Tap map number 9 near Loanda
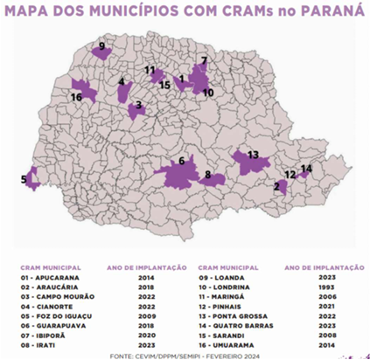[101, 45]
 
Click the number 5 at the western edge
[24, 180]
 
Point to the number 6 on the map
[181, 161]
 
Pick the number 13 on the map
[253, 155]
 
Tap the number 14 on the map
[305, 168]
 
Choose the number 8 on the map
[207, 176]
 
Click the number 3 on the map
[138, 104]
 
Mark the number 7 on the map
[204, 61]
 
